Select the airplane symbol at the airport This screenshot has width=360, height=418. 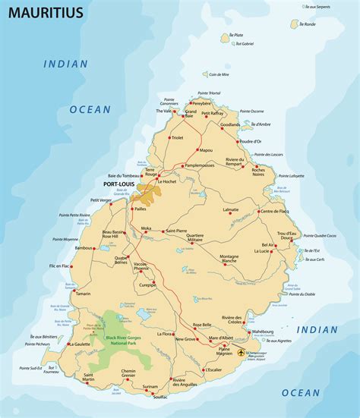242,353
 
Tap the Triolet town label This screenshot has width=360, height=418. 177,137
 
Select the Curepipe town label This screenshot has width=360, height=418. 147,284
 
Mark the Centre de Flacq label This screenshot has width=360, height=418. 275,211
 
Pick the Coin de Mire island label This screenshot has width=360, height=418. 219,74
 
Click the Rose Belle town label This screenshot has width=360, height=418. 202,325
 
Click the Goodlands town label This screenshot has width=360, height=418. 230,124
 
